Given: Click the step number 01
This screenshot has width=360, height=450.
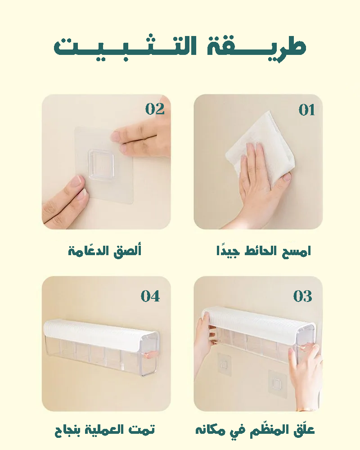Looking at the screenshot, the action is pos(306,110).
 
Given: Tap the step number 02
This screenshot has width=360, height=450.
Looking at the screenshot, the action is pos(155,109).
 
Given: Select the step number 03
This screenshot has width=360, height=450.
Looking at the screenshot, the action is pos(302,296).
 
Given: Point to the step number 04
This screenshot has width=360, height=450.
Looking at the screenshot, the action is pos(150,296).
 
